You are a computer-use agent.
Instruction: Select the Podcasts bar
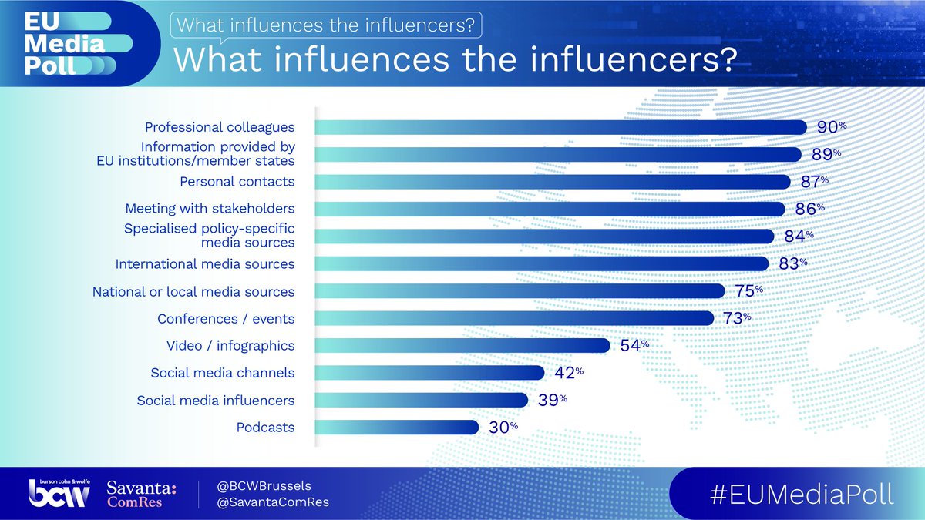[397, 427]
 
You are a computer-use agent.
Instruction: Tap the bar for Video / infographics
[462, 345]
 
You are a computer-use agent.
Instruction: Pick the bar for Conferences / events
[514, 318]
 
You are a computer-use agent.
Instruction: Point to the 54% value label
[635, 345]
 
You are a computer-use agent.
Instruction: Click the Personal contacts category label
[237, 182]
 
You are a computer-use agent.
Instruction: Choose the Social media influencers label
[216, 401]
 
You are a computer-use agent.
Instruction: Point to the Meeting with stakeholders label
[210, 209]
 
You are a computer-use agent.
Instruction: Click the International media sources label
[205, 264]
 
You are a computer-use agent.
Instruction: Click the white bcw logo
[64, 494]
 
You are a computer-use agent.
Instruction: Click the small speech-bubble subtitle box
[325, 25]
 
